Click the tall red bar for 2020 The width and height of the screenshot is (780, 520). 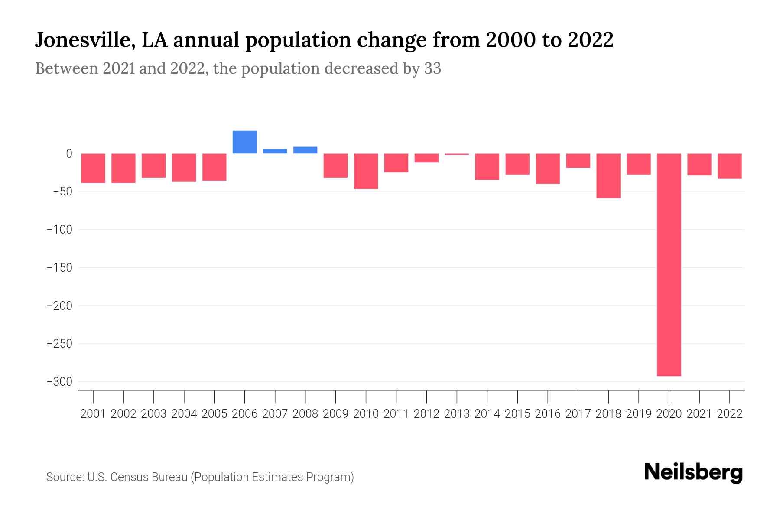pyautogui.click(x=669, y=264)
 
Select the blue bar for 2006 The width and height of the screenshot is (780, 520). pyautogui.click(x=244, y=142)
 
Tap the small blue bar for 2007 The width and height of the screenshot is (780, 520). pyautogui.click(x=275, y=151)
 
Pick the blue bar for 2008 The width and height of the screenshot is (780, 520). pyautogui.click(x=305, y=150)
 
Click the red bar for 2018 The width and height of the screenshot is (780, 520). pyautogui.click(x=608, y=175)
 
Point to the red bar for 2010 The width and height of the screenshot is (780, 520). pyautogui.click(x=366, y=171)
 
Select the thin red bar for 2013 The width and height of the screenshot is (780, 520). pyautogui.click(x=457, y=154)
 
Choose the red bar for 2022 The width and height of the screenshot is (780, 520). pyautogui.click(x=729, y=166)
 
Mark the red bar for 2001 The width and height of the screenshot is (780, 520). pyautogui.click(x=93, y=168)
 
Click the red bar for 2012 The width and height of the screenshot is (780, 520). pyautogui.click(x=426, y=158)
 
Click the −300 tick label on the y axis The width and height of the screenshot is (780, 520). pyautogui.click(x=59, y=382)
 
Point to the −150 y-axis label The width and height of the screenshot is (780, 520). pyautogui.click(x=59, y=268)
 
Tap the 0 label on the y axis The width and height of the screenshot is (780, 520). pyautogui.click(x=69, y=154)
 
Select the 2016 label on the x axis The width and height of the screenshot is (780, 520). pyautogui.click(x=547, y=414)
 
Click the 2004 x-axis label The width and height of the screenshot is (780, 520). pyautogui.click(x=184, y=414)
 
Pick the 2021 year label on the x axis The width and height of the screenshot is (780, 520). pyautogui.click(x=699, y=414)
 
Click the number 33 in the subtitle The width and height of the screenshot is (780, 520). pyautogui.click(x=432, y=68)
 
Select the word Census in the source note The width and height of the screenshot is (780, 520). pyautogui.click(x=128, y=477)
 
